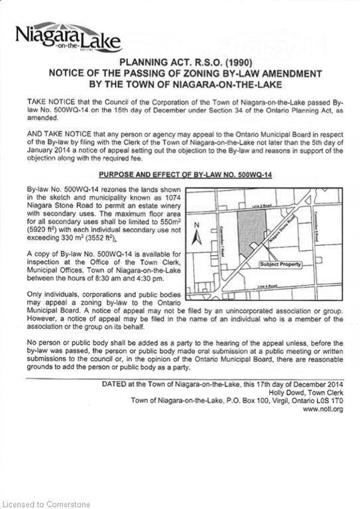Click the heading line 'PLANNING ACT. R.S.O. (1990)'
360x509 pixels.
click(180, 62)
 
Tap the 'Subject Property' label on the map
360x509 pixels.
click(280, 264)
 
